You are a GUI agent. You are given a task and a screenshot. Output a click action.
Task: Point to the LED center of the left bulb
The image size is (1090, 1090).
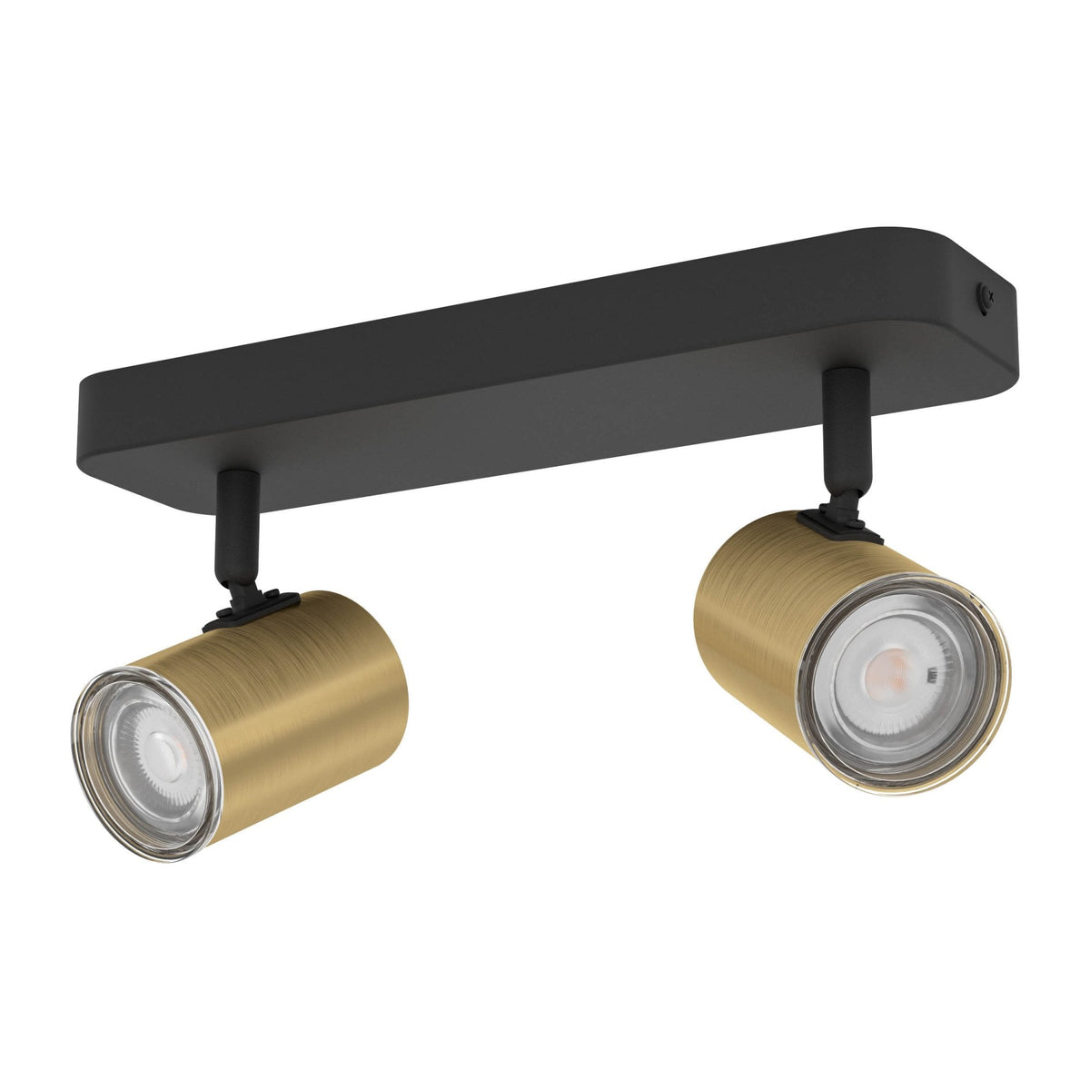(x=163, y=750)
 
